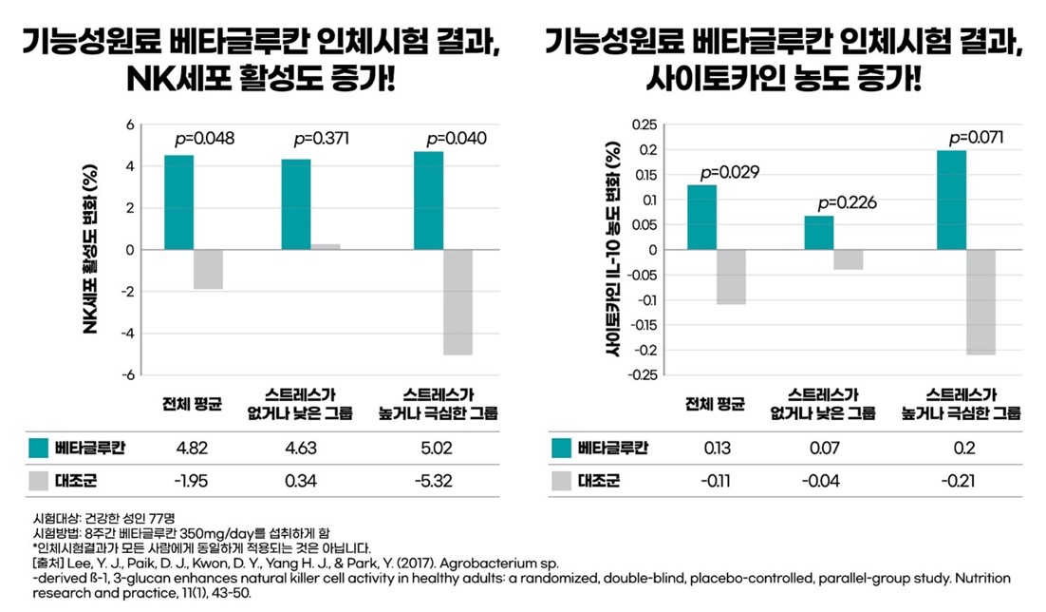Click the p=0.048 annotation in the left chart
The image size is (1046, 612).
click(x=204, y=139)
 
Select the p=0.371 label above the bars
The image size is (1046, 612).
click(x=322, y=139)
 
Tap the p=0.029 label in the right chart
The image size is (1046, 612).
click(x=729, y=173)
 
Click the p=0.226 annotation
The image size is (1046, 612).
click(x=847, y=202)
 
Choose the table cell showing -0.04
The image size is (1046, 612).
click(x=821, y=481)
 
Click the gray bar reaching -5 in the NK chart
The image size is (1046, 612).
click(x=458, y=302)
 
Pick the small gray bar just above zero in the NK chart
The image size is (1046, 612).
click(x=326, y=247)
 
